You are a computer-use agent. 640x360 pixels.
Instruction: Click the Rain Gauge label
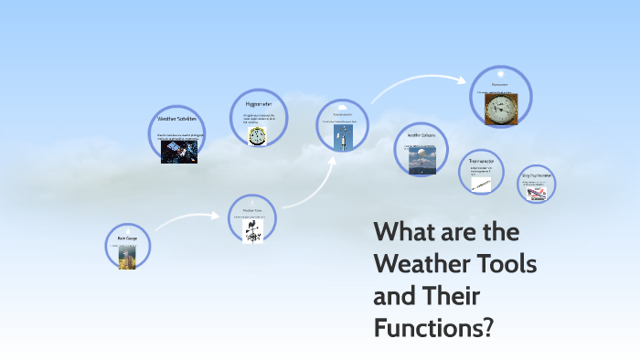(127, 238)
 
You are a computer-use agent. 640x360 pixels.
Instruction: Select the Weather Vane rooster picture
(252, 229)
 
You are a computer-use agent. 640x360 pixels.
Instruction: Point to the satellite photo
(179, 151)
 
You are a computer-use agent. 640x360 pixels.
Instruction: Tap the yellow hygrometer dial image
(258, 134)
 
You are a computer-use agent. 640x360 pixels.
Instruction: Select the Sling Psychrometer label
(536, 174)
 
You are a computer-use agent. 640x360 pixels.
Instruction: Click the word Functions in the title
(430, 325)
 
